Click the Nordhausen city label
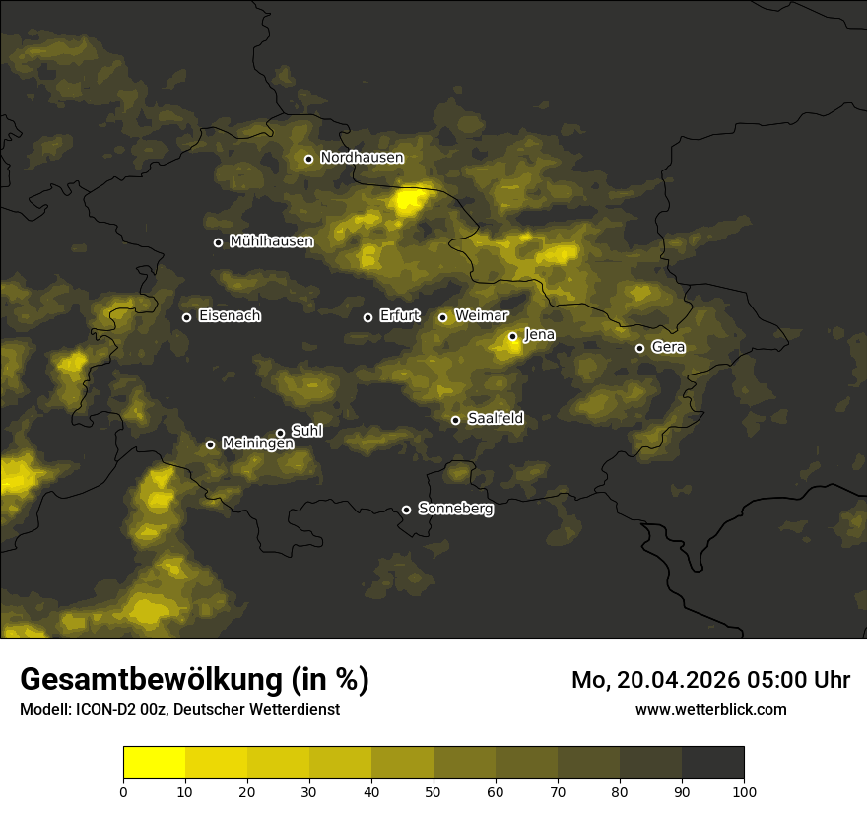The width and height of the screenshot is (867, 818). (x=362, y=158)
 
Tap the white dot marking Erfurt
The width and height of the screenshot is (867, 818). (x=368, y=317)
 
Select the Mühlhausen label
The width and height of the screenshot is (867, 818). (x=271, y=241)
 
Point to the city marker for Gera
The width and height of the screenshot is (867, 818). (x=639, y=348)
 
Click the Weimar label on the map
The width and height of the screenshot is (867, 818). (x=482, y=316)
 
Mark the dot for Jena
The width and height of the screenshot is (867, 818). (x=512, y=336)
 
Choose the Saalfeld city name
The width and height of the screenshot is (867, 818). (x=495, y=419)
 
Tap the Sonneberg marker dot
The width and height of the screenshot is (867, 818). (x=406, y=510)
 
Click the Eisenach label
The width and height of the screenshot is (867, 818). (x=230, y=316)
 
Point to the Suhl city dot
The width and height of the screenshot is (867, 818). (x=280, y=433)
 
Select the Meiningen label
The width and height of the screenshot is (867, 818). (x=257, y=444)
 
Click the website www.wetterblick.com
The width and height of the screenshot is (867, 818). (x=711, y=709)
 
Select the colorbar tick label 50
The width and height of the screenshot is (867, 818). (x=433, y=791)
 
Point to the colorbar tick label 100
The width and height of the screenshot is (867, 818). (x=744, y=791)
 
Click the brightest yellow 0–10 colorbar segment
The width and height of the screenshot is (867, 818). (x=155, y=763)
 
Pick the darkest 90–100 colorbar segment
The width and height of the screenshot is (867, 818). (x=712, y=763)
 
